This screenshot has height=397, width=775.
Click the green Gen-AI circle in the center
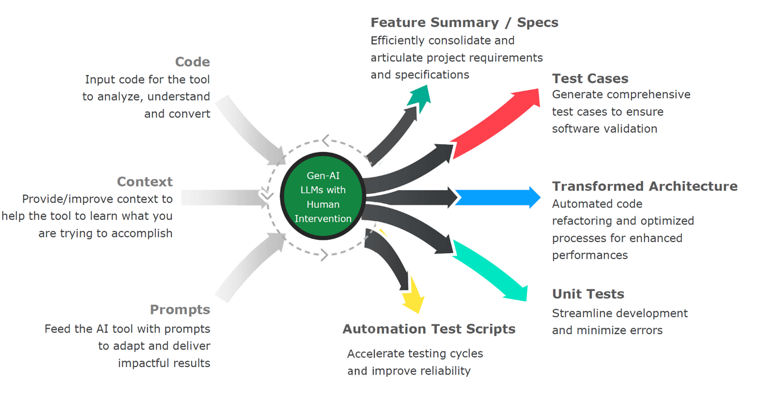click(x=323, y=196)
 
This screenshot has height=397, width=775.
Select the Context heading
click(x=145, y=182)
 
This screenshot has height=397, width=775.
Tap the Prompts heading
click(x=180, y=309)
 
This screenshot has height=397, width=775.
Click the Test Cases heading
click(x=590, y=78)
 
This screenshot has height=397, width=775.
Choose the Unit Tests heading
click(x=588, y=294)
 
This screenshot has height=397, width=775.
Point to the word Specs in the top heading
click(x=537, y=22)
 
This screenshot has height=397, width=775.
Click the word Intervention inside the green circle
click(x=323, y=219)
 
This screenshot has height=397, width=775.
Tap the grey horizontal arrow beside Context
click(x=223, y=197)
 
